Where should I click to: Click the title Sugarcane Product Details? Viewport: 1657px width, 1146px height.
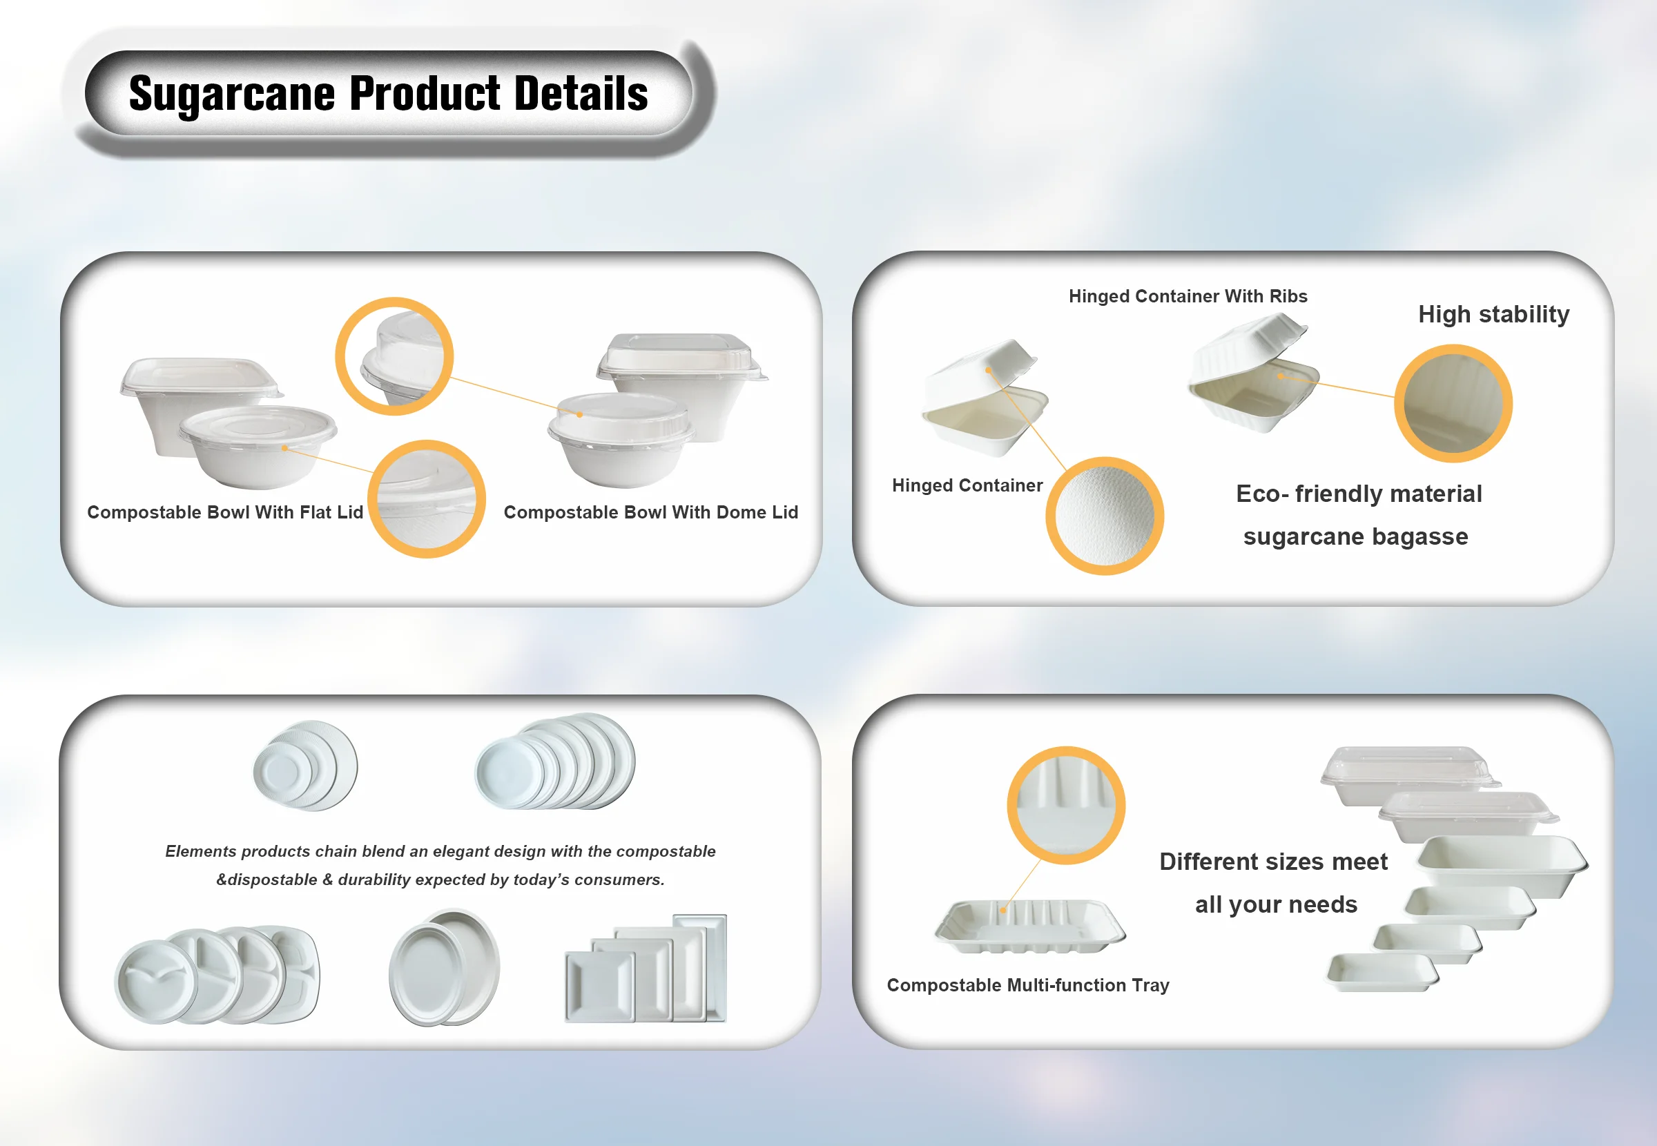[389, 94]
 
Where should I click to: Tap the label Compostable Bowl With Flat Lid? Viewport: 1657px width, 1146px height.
[224, 512]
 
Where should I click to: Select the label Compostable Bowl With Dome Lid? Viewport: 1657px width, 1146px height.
[650, 512]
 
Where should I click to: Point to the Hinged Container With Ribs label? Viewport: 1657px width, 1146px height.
[1188, 296]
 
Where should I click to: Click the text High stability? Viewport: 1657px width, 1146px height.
[1493, 315]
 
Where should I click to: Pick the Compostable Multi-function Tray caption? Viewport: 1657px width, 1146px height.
[1027, 985]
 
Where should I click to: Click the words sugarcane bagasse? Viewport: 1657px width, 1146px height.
[1355, 536]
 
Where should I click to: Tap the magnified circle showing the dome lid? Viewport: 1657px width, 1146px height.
[394, 356]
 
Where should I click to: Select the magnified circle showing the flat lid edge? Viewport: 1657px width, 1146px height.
[427, 499]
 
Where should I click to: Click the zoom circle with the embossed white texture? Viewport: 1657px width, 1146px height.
[1104, 516]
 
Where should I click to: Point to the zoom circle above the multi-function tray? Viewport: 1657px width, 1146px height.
[1066, 805]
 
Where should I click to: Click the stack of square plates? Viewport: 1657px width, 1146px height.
[646, 968]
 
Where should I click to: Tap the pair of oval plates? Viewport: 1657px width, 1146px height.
[445, 967]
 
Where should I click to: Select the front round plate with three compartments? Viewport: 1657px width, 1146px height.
[157, 982]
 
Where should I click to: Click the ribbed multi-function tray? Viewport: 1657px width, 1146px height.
[1030, 927]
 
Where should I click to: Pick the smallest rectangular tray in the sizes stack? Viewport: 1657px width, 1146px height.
[1382, 973]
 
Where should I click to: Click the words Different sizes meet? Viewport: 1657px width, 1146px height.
[1273, 862]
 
